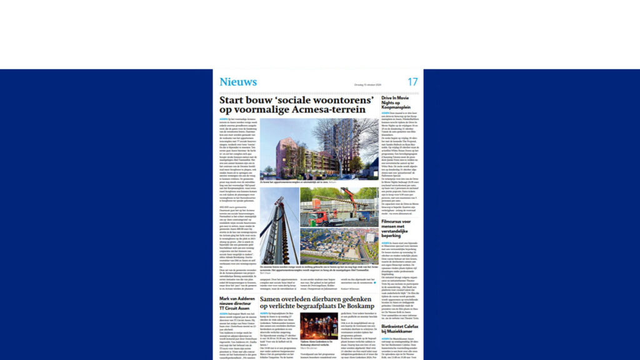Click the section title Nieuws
[x=237, y=82]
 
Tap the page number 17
[x=412, y=82]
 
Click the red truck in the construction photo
[x=316, y=217]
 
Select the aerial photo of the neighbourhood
[x=339, y=246]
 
